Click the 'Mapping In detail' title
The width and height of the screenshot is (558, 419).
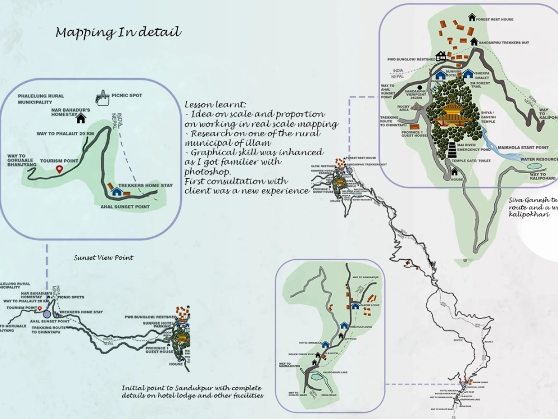tap(118, 32)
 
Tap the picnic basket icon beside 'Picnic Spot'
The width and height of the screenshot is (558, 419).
tap(102, 98)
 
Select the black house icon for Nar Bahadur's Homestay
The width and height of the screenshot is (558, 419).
tap(81, 118)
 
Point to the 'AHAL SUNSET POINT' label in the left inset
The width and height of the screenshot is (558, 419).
tap(126, 206)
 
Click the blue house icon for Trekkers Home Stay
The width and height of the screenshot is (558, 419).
tap(117, 192)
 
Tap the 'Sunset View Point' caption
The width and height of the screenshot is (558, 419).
tap(103, 258)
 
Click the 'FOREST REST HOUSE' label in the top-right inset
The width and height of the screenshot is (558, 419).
tap(494, 20)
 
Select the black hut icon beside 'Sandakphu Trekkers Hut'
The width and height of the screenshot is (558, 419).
tap(474, 41)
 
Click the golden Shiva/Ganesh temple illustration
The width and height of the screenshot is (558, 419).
tap(453, 115)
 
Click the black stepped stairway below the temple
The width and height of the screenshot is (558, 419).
tap(451, 150)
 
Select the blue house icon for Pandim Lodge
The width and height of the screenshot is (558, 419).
tap(355, 306)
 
